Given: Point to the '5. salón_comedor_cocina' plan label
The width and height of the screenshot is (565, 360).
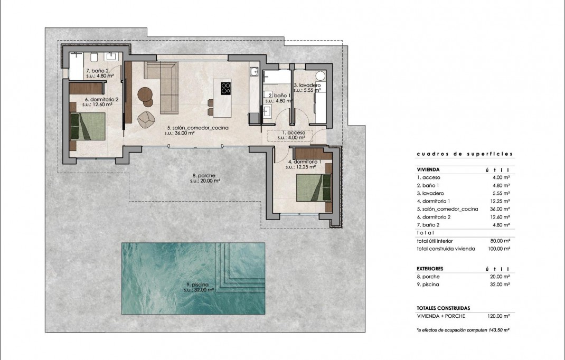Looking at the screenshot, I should [x=188, y=128].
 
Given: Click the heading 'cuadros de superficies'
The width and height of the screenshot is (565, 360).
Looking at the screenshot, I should [x=464, y=154].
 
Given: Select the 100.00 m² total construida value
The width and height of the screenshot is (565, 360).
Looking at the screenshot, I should [x=498, y=249].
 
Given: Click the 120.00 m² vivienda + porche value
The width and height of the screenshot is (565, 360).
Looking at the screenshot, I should [x=498, y=316].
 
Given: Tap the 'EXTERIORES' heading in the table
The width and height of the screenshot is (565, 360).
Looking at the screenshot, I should [x=430, y=269].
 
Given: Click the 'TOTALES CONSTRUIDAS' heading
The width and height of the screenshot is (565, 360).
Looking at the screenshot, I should [x=443, y=308].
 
